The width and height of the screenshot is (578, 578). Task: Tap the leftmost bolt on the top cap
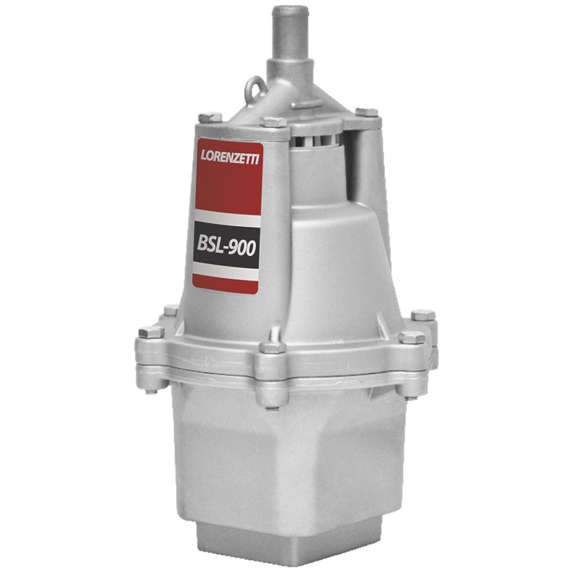coord(210,117)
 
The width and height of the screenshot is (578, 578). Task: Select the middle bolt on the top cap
coord(272,123)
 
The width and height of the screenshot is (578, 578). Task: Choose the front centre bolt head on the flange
coord(272,348)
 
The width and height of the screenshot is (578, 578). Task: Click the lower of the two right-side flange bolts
coord(412,338)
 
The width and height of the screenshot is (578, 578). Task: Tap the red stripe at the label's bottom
coord(225,283)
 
